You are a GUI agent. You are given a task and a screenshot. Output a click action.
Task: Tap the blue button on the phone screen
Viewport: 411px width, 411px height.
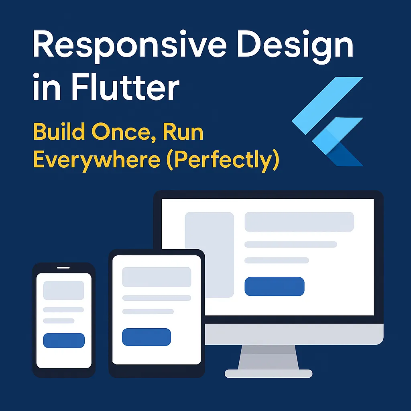point(64,340)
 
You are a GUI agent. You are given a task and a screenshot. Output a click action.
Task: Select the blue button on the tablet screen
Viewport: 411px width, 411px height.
point(146,337)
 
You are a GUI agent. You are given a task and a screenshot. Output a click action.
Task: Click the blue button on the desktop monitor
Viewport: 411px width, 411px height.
point(275,287)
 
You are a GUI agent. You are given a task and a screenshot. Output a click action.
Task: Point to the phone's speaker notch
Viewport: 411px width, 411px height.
point(63,267)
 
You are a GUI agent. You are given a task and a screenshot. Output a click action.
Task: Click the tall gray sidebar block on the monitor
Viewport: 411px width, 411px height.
point(209,254)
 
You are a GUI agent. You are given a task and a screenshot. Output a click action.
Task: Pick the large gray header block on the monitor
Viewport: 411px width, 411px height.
point(299,222)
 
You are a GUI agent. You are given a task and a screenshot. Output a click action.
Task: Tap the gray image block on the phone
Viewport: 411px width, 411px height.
point(63,290)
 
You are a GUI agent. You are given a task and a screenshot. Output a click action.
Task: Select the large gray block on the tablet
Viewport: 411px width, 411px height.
point(157,277)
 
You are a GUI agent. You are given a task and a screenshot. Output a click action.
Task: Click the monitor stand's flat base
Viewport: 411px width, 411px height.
point(269,374)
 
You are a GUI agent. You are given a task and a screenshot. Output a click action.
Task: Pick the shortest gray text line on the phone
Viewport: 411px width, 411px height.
point(59,321)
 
